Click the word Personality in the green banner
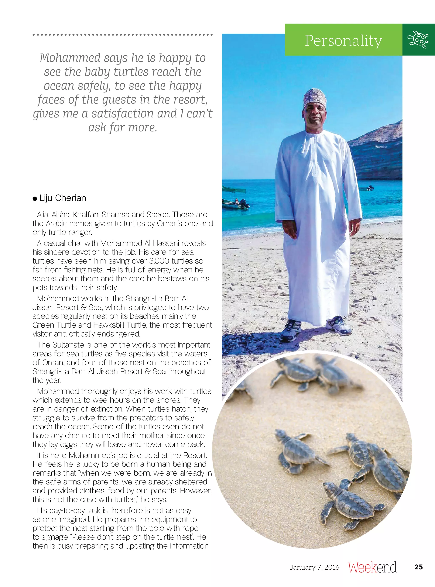click(x=343, y=41)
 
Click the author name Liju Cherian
click(x=63, y=198)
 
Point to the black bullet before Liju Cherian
click(x=35, y=199)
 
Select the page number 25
click(x=418, y=567)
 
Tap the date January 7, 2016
click(x=314, y=567)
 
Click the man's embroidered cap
click(x=314, y=97)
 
